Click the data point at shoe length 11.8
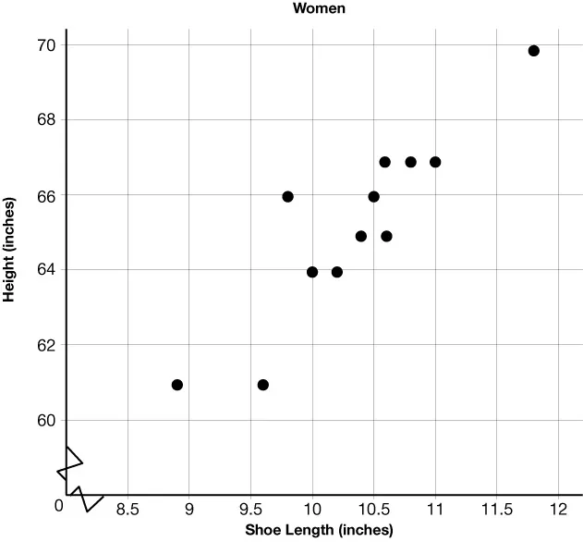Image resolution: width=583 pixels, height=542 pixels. [x=533, y=51]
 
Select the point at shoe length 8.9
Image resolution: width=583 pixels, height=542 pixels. [x=177, y=385]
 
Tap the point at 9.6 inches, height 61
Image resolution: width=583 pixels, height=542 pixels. [x=263, y=385]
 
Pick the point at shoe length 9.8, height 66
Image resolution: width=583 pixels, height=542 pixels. [x=287, y=196]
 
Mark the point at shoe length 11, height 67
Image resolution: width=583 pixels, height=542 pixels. [x=435, y=162]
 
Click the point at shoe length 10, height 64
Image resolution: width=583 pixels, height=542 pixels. [x=312, y=272]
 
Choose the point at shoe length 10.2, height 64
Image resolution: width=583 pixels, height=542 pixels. [x=337, y=272]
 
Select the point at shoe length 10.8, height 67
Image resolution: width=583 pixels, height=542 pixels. [x=410, y=162]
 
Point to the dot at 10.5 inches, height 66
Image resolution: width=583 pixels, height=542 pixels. [x=373, y=196]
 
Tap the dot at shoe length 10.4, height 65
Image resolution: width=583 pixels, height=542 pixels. [x=361, y=236]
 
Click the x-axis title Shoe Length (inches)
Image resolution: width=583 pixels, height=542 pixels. [x=318, y=530]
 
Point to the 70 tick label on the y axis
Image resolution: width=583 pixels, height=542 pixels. [x=46, y=45]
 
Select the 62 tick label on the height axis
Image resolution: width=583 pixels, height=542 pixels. [x=46, y=345]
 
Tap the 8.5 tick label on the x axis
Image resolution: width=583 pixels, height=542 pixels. [x=128, y=510]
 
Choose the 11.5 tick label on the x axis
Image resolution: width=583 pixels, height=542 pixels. [x=496, y=510]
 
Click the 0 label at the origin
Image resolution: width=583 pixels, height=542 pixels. [x=58, y=505]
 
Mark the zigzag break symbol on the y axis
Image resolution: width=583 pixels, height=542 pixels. [x=69, y=462]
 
